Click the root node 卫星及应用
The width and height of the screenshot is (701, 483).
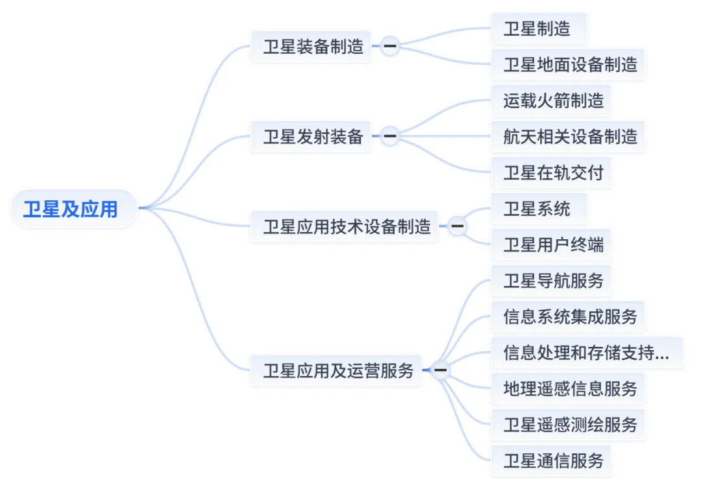click(71, 209)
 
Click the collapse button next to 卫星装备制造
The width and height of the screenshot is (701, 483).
click(389, 46)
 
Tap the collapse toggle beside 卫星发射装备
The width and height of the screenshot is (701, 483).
click(389, 136)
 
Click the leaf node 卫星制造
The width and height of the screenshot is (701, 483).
click(537, 29)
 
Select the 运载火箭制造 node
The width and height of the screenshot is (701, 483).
click(554, 100)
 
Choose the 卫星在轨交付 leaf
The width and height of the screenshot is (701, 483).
click(554, 172)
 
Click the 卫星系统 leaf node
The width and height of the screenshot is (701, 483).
click(537, 209)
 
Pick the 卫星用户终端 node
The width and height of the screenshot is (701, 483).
click(554, 244)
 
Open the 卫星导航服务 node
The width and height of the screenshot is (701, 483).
click(554, 280)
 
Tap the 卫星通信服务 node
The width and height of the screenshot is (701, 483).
click(554, 460)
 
